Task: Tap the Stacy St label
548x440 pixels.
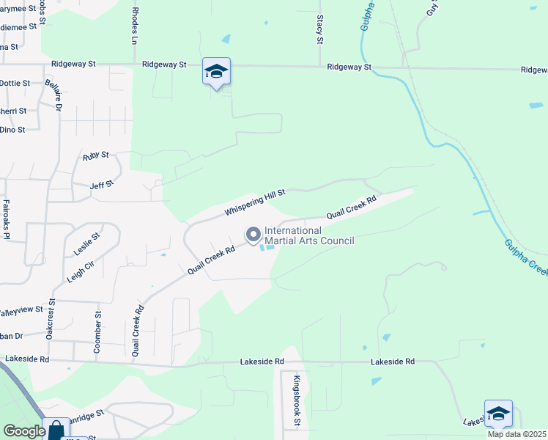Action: point(320,29)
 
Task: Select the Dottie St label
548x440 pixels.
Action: point(15,84)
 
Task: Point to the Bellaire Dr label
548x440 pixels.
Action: point(53,94)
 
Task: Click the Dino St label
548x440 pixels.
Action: point(12,130)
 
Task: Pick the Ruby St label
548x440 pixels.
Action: point(96,155)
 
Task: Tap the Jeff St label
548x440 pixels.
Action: point(102,184)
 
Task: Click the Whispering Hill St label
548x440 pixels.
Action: point(254,201)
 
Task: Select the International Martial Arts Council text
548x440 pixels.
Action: point(309,235)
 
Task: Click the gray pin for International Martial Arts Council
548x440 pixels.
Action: point(253,235)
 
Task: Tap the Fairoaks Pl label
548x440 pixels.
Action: point(6,219)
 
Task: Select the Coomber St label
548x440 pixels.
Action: point(97,332)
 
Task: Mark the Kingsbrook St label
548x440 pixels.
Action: point(297,400)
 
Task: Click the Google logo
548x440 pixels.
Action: point(23,431)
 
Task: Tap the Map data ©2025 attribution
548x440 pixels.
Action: point(517,434)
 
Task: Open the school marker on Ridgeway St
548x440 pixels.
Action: point(216,71)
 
